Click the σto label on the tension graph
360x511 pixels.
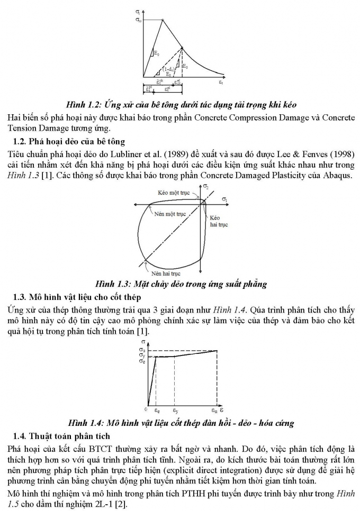pyautogui.click(x=138, y=20)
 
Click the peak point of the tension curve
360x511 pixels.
pyautogui.click(x=162, y=20)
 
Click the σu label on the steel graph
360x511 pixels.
pyautogui.click(x=141, y=350)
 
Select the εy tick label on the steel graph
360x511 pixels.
pyautogui.click(x=174, y=409)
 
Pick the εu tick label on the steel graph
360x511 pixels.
pyautogui.click(x=215, y=409)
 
